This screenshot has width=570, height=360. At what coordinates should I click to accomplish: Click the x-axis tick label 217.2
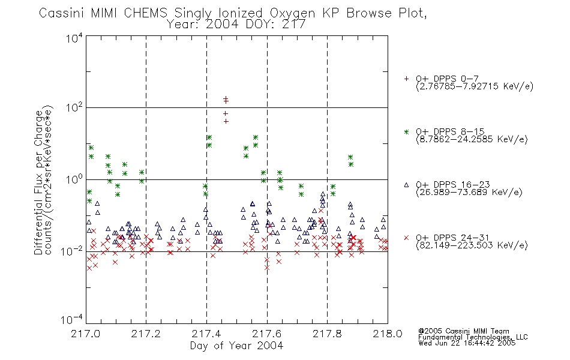tap(146, 334)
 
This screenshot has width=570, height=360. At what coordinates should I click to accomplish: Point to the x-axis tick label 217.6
tap(267, 334)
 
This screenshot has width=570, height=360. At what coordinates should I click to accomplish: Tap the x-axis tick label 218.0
tap(388, 334)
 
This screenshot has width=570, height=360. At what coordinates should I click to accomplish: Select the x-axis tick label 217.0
tap(85, 334)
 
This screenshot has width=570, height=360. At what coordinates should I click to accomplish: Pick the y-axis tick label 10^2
tap(74, 107)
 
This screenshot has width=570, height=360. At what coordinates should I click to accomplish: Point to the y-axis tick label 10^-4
tap(72, 319)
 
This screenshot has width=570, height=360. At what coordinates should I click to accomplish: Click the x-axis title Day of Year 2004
tap(236, 346)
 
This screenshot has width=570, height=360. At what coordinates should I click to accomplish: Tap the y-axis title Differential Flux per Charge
tap(38, 182)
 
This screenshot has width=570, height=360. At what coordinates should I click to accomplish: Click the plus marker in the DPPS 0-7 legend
tap(406, 79)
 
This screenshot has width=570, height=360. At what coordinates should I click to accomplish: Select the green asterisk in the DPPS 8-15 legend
tap(406, 132)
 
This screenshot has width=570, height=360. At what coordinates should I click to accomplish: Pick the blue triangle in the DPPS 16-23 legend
tap(406, 185)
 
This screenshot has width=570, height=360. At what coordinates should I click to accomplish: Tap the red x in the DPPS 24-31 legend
tap(406, 238)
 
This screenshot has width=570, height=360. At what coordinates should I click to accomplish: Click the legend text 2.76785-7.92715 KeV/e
tap(475, 86)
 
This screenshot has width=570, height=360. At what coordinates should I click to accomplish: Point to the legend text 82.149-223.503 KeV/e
tap(472, 245)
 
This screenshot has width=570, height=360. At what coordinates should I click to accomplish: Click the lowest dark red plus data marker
tap(226, 121)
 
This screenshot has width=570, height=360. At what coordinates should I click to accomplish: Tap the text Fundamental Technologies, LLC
tap(473, 337)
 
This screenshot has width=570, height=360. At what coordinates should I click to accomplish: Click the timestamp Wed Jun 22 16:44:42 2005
tap(467, 343)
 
